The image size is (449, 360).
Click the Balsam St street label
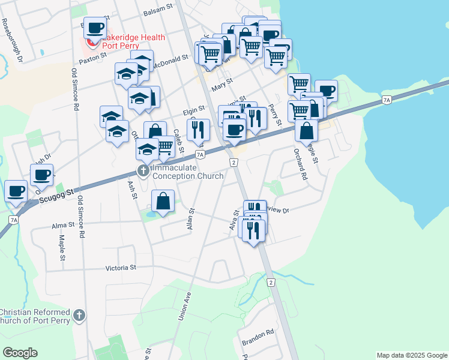pyautogui.click(x=158, y=12)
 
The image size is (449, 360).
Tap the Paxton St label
pyautogui.click(x=92, y=58)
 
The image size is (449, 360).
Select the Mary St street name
pyautogui.click(x=221, y=85)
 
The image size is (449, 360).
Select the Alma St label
pyautogui.click(x=62, y=225)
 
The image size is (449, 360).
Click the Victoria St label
pyautogui.click(x=121, y=268)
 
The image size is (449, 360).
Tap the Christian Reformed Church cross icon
pyautogui.click(x=79, y=316)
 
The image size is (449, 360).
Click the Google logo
pyautogui.click(x=20, y=353)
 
